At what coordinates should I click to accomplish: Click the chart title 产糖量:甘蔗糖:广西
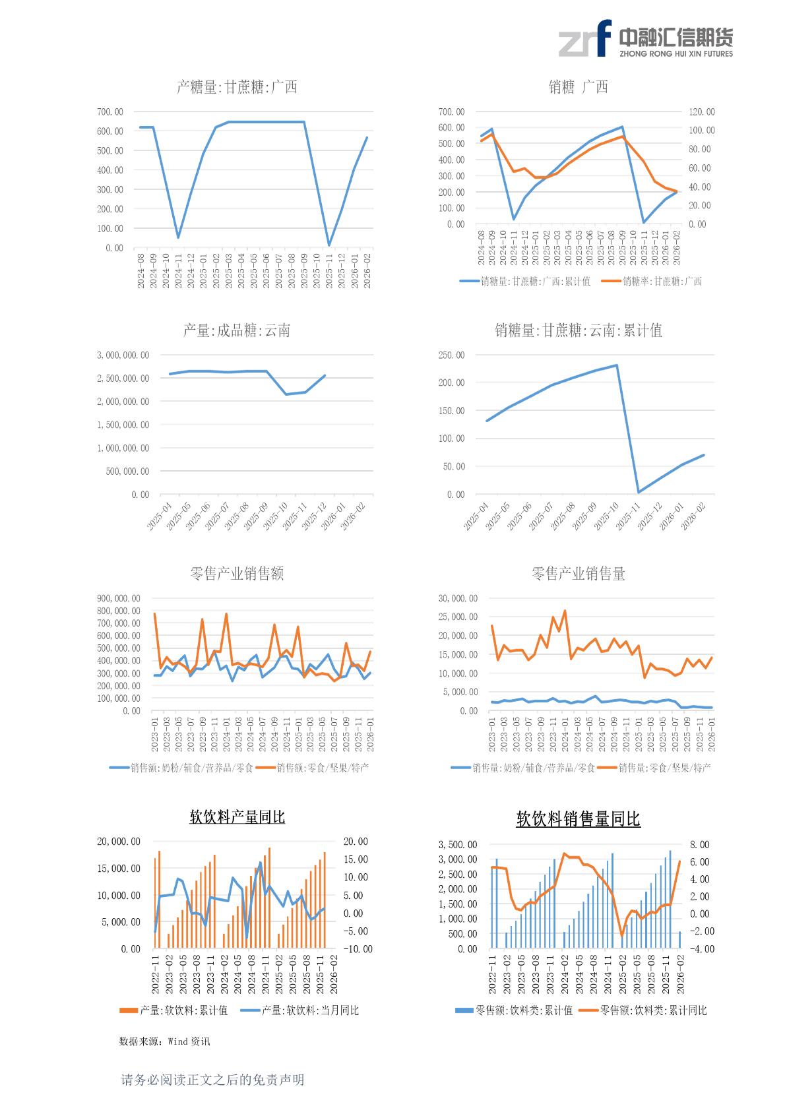(237, 87)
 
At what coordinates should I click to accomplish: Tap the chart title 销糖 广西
(578, 87)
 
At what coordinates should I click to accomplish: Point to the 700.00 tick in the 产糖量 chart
(110, 112)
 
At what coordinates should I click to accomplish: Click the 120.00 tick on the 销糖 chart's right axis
(701, 112)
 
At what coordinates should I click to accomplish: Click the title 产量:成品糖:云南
(236, 330)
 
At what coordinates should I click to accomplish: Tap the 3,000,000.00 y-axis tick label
(123, 355)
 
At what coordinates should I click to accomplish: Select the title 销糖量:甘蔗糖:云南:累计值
(579, 330)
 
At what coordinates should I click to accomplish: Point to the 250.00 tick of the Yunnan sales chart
(451, 355)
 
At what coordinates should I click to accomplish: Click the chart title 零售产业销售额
(236, 574)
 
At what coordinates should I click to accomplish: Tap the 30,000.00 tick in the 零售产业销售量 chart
(458, 598)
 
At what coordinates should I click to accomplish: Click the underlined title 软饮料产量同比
(237, 817)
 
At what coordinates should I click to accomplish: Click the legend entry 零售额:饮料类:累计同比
(653, 1010)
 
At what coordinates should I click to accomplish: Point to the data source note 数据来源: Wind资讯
(164, 1041)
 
